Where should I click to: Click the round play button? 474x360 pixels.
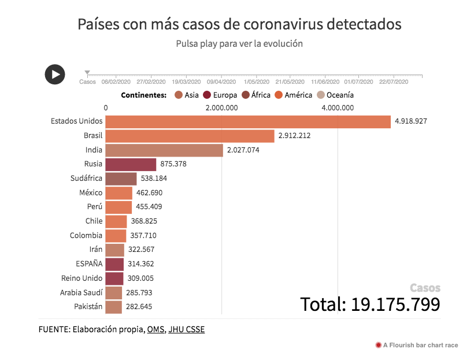point(55,74)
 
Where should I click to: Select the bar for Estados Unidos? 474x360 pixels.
point(248,121)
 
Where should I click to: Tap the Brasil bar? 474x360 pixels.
point(190,136)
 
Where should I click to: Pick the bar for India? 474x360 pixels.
point(164,150)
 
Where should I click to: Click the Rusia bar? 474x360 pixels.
point(131,164)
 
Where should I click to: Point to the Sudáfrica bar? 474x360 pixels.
point(121,179)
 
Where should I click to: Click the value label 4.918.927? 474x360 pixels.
point(410,121)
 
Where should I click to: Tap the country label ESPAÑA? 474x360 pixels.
point(89,264)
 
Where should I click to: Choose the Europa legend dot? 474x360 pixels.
point(207,95)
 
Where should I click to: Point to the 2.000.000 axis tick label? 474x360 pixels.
point(221,107)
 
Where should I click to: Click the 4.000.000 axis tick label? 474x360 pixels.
point(338,107)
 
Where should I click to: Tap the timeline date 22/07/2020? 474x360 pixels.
point(394,82)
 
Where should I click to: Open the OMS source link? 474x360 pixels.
point(155,329)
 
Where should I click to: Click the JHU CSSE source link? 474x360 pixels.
point(186,329)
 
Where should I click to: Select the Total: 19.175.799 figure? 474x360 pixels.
point(370,304)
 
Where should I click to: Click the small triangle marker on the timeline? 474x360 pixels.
point(87,73)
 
